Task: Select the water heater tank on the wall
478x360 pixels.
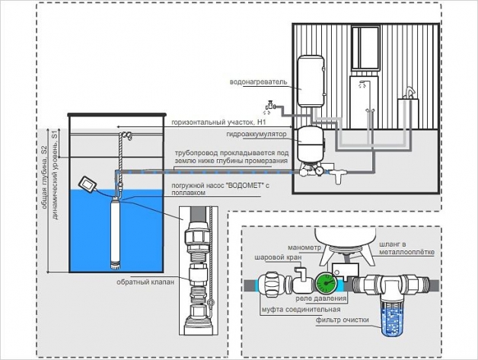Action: pos(311,81)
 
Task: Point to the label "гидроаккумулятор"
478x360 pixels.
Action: pos(258,133)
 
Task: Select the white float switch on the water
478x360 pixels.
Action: pos(87,183)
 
